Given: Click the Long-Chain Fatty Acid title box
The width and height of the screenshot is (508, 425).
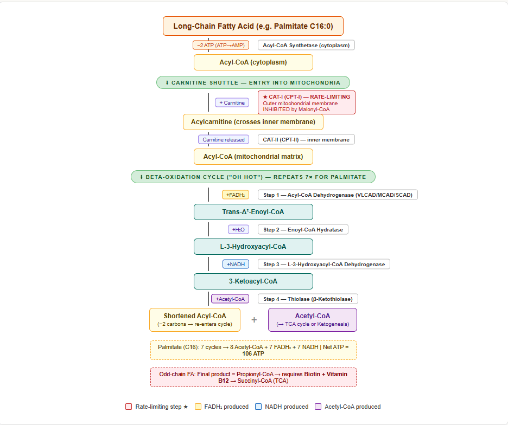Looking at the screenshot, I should pyautogui.click(x=253, y=26).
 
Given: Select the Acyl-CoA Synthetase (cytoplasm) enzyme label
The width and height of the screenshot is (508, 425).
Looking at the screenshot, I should pyautogui.click(x=306, y=45).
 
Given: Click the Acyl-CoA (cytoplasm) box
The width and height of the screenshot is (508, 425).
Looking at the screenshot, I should pyautogui.click(x=253, y=62).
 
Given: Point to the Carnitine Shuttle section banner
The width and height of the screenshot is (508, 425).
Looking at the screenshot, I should pyautogui.click(x=253, y=82).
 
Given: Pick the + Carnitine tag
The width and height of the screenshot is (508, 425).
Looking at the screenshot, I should pyautogui.click(x=232, y=102).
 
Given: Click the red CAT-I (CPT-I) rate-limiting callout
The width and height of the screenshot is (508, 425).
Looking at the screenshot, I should pyautogui.click(x=306, y=102).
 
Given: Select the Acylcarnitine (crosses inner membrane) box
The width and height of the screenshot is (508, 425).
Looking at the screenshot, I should pyautogui.click(x=253, y=122).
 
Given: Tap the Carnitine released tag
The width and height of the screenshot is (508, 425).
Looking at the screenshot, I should pyautogui.click(x=224, y=139).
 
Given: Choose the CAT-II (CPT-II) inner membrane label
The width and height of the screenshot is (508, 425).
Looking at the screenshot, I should pyautogui.click(x=306, y=139).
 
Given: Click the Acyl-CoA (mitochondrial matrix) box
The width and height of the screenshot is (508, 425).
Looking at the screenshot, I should pyautogui.click(x=253, y=157).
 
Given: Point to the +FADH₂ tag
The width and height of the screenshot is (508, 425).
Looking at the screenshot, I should pyautogui.click(x=236, y=195).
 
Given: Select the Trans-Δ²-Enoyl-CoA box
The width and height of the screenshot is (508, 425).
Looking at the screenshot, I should pyautogui.click(x=253, y=212).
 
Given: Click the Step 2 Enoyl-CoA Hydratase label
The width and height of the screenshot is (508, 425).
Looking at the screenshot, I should pyautogui.click(x=303, y=229).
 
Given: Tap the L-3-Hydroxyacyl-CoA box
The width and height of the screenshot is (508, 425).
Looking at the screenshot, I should pyautogui.click(x=253, y=247).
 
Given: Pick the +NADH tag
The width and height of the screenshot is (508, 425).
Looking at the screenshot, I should pyautogui.click(x=236, y=264).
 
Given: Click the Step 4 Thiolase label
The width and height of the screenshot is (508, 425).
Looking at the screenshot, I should pyautogui.click(x=308, y=299).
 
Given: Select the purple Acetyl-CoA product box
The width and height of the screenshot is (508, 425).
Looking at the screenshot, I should pyautogui.click(x=312, y=320).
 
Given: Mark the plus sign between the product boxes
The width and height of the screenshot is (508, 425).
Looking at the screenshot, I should pyautogui.click(x=254, y=320).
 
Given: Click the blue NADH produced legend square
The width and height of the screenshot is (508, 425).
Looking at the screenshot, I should pyautogui.click(x=258, y=407).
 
